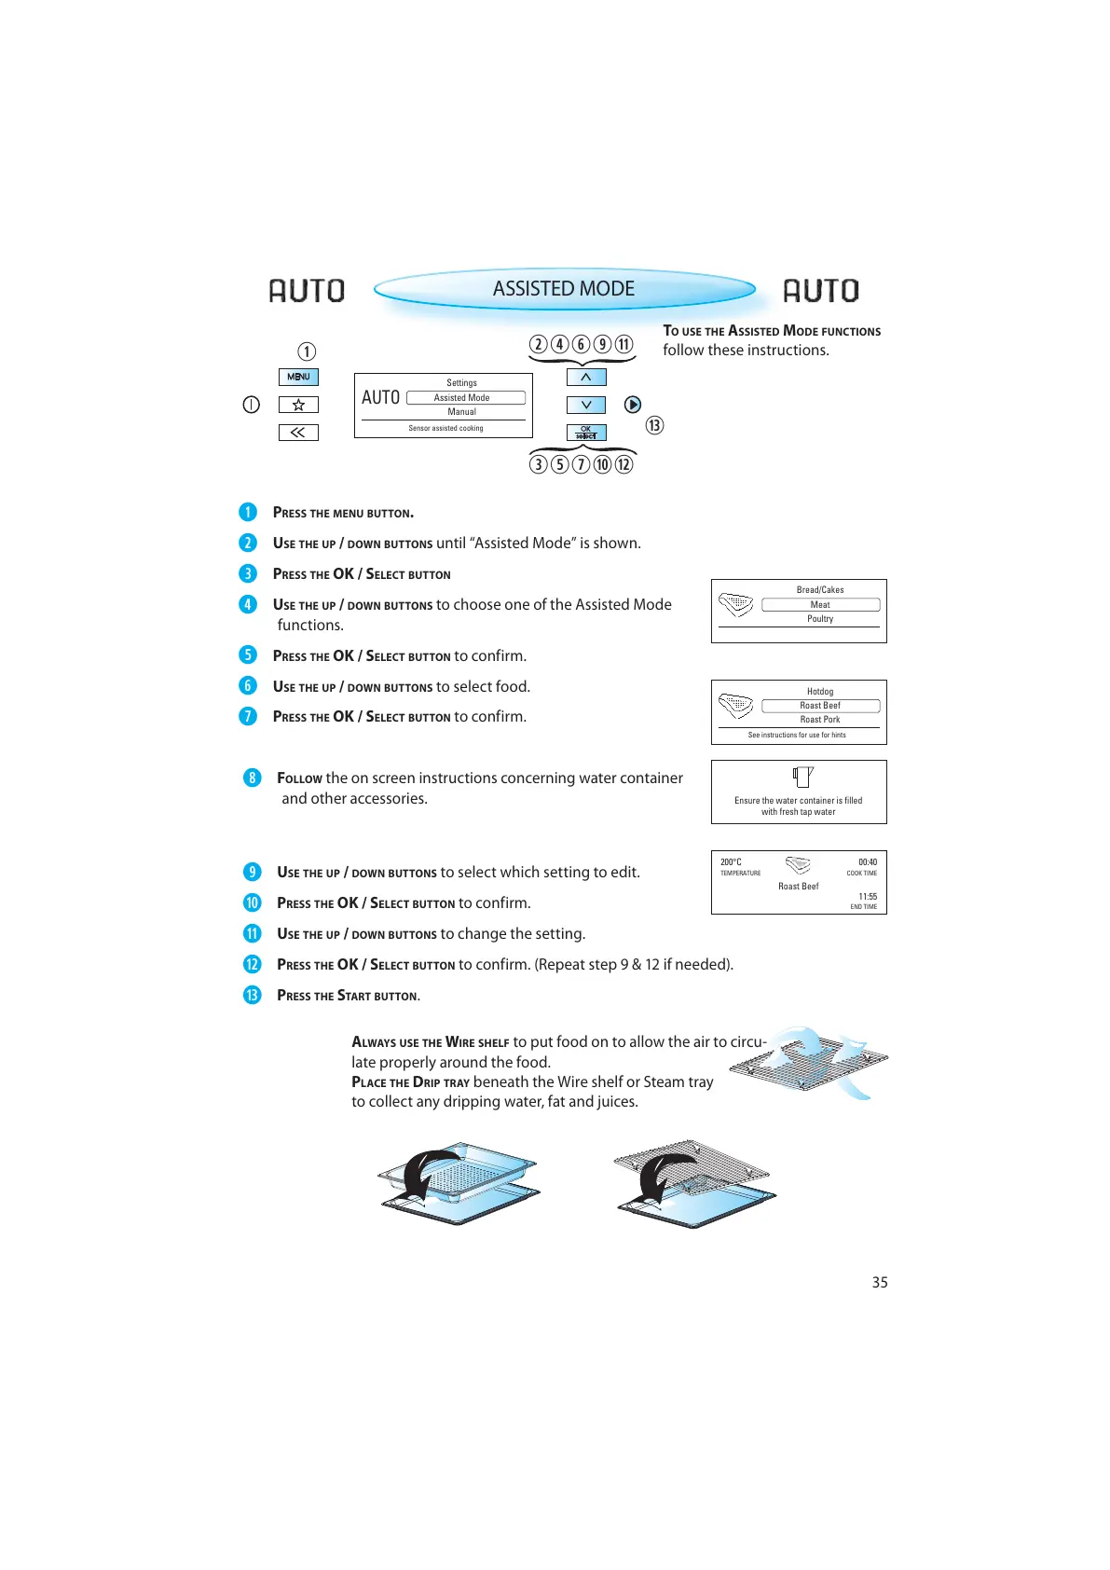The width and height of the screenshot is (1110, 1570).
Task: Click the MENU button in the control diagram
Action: pos(298,377)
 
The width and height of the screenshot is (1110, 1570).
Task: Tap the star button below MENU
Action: pos(298,405)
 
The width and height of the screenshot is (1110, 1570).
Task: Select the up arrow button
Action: pos(586,377)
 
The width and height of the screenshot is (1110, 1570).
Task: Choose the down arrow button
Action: pos(586,405)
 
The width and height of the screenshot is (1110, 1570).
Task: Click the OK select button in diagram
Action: pos(586,433)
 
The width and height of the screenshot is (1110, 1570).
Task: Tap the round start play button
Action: pos(633,405)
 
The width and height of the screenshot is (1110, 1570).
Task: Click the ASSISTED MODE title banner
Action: pos(564,289)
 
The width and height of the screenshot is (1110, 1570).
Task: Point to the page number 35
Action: pos(880,1283)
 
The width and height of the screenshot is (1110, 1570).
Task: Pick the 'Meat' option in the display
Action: pos(820,605)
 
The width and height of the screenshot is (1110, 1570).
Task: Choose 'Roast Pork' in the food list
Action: pos(820,720)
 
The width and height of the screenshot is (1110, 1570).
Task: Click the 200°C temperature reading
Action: pos(731,862)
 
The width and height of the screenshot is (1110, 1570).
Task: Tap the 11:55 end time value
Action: pos(868,897)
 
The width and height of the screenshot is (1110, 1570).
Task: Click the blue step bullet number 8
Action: pos(252,778)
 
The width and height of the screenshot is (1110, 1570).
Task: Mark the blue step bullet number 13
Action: pos(252,995)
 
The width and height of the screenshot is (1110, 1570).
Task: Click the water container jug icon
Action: pos(802,777)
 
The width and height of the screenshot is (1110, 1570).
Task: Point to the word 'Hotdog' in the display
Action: pos(820,692)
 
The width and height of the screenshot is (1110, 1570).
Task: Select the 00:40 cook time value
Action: pos(868,862)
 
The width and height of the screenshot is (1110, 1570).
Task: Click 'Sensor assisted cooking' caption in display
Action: pos(445,429)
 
